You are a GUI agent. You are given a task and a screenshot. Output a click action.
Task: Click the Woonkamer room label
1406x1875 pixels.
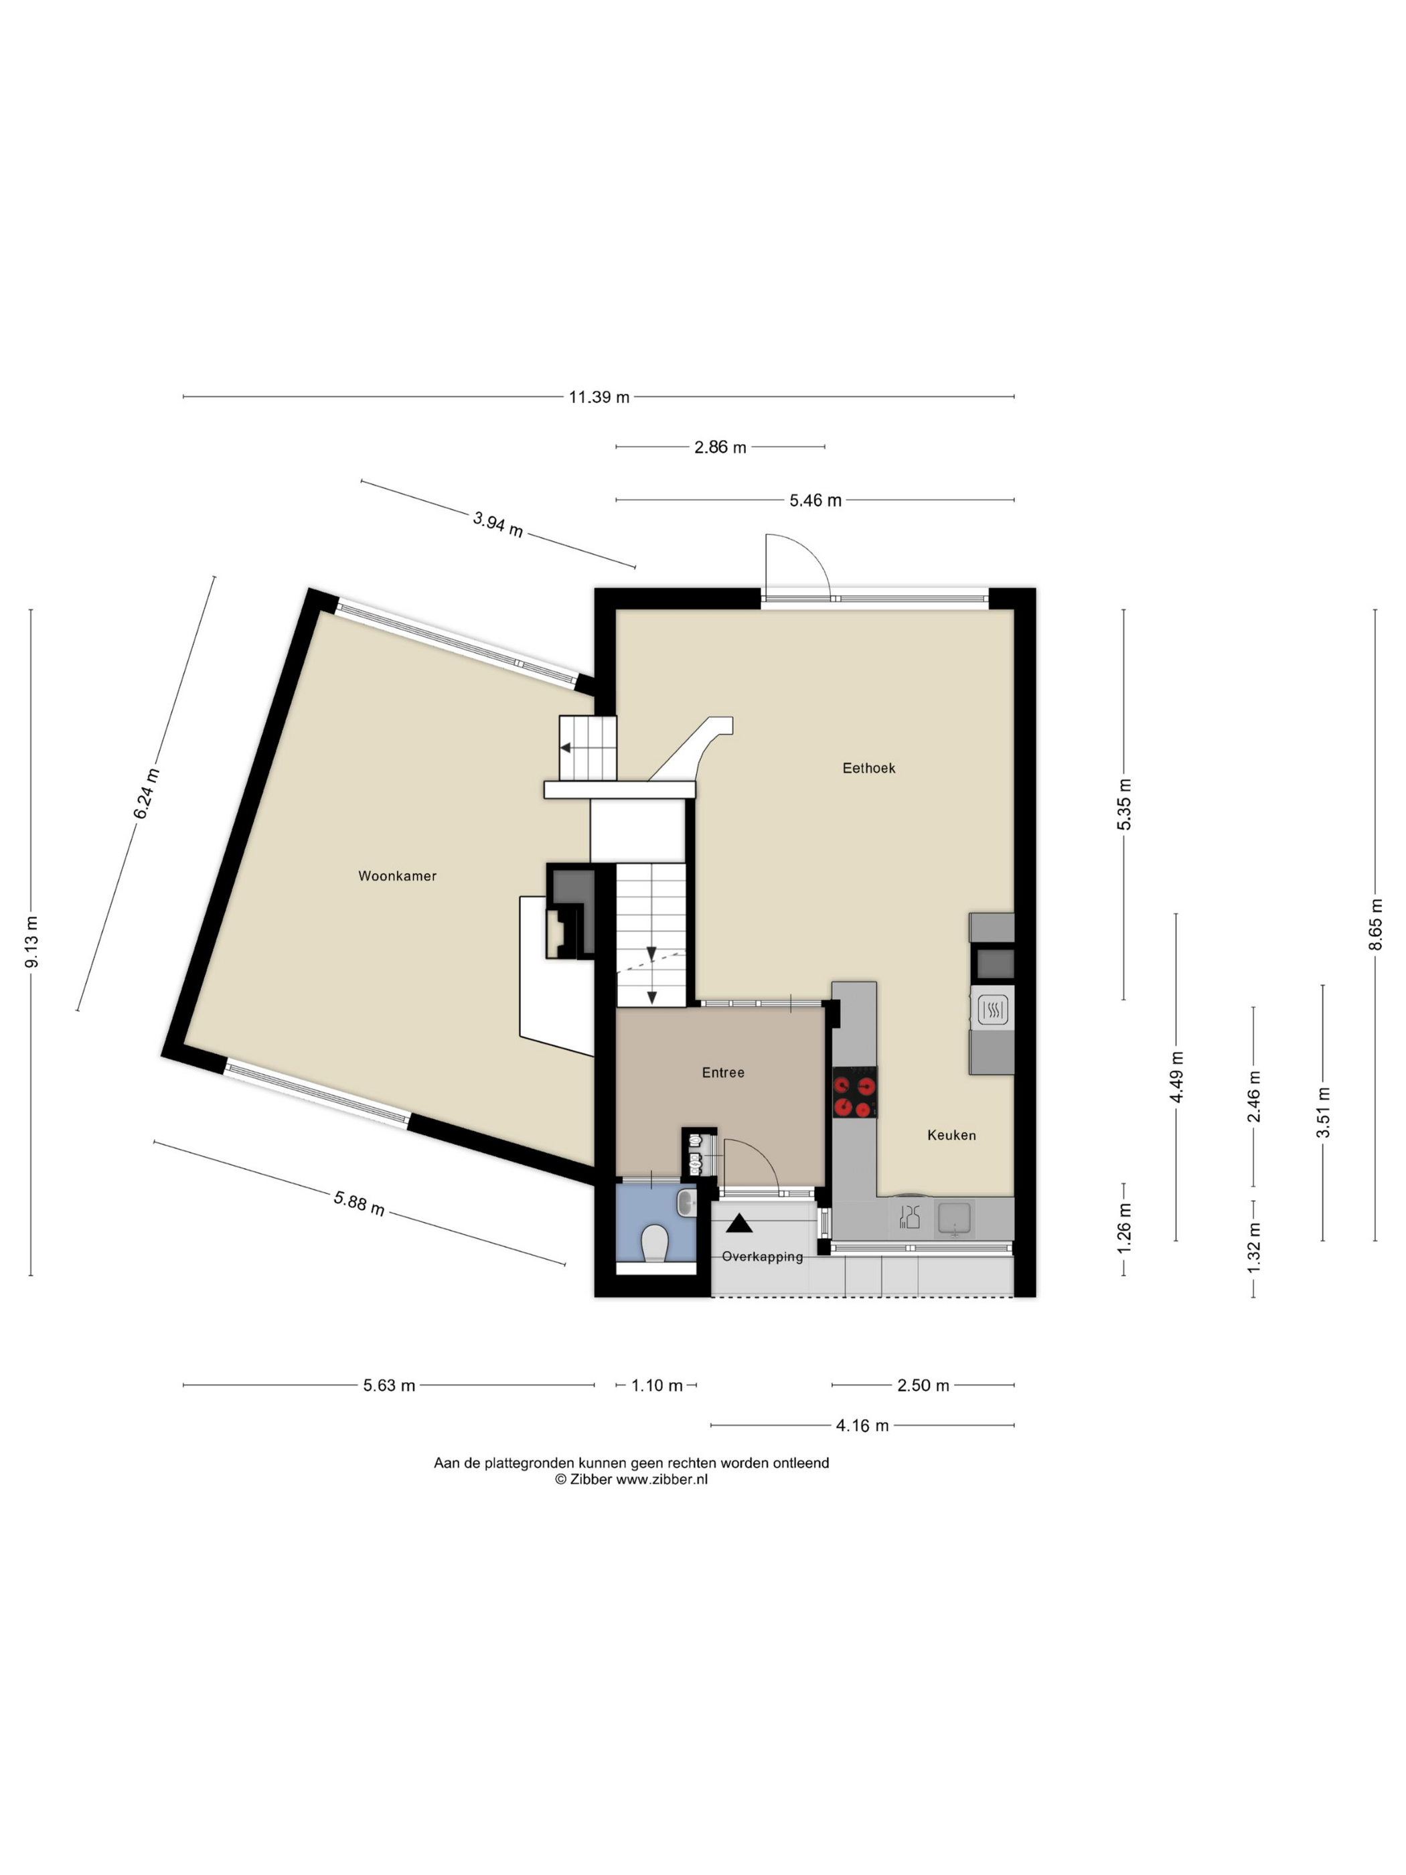pos(396,876)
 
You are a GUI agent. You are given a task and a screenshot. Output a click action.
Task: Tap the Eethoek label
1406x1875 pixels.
pos(868,768)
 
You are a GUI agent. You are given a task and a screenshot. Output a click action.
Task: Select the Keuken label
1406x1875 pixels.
pos(951,1135)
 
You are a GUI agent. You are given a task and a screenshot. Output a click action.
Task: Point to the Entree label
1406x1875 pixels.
pos(723,1072)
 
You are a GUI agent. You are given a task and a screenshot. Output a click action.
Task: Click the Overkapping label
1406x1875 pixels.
pos(762,1256)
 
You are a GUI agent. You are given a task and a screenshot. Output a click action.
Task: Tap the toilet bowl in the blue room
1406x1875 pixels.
pos(655,1244)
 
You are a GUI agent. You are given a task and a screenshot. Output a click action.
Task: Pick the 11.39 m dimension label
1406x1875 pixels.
pos(599,396)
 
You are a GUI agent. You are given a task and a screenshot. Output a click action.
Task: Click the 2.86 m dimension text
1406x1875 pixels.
pos(720,447)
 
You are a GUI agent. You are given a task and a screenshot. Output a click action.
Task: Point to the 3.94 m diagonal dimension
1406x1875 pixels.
pos(498,524)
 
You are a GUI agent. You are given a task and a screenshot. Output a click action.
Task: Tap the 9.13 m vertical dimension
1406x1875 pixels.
pos(31,942)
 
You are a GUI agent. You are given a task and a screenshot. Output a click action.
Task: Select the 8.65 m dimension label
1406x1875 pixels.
pos(1375,924)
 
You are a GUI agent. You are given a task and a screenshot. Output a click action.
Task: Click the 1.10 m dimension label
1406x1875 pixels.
pos(657,1385)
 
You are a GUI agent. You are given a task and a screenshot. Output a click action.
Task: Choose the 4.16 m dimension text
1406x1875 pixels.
pos(862,1425)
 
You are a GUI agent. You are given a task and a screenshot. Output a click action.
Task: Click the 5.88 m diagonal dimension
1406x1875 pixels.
pos(360,1203)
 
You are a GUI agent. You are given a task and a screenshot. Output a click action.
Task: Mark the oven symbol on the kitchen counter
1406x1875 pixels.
pos(992,1010)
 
